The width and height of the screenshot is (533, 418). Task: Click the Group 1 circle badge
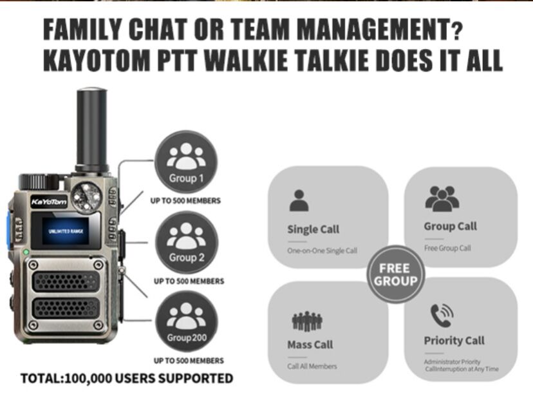click(x=185, y=162)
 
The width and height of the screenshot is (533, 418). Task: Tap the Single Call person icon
click(x=299, y=200)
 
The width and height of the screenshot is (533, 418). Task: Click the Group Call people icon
click(x=442, y=198)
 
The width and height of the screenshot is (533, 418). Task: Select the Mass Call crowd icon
click(x=307, y=320)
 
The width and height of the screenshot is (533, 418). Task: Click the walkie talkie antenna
click(x=91, y=129)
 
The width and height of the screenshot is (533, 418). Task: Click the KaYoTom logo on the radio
click(x=48, y=202)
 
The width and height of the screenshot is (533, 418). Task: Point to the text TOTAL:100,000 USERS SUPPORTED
click(x=127, y=378)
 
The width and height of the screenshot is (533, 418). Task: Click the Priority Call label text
click(x=454, y=341)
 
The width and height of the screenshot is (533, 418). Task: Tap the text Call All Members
click(x=312, y=366)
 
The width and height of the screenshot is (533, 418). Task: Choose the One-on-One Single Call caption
click(x=322, y=251)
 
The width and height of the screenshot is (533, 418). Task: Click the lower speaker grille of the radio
click(x=65, y=307)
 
